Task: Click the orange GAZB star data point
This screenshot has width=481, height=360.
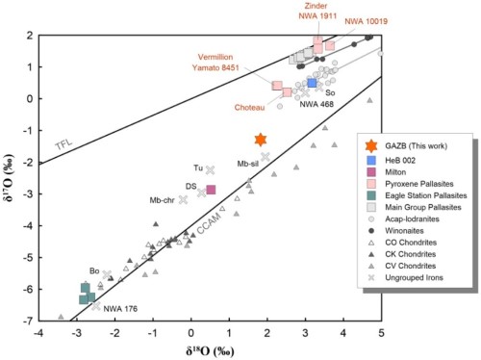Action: coord(260,140)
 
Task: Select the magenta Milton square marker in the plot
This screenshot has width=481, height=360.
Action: coord(211,189)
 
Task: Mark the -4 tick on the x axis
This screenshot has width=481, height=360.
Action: coord(38,332)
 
